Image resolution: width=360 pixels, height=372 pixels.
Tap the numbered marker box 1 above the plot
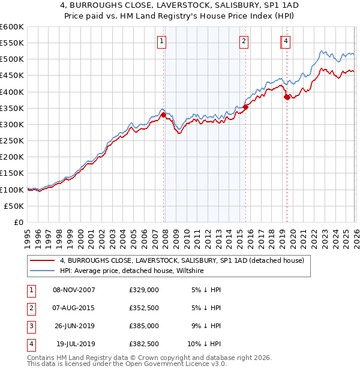[163, 41]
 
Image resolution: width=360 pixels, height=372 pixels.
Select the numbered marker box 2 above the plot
[244, 41]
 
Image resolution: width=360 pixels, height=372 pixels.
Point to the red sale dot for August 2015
[245, 108]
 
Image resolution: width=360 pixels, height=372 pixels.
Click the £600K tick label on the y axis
[12, 27]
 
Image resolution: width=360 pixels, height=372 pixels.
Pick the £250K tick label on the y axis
[12, 140]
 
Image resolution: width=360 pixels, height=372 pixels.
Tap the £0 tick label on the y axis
[17, 222]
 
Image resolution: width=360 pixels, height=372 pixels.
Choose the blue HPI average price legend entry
[132, 271]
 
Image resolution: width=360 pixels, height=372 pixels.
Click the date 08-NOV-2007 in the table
[74, 290]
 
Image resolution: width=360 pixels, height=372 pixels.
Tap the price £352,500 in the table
[144, 308]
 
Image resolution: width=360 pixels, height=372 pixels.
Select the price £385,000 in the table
[144, 326]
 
